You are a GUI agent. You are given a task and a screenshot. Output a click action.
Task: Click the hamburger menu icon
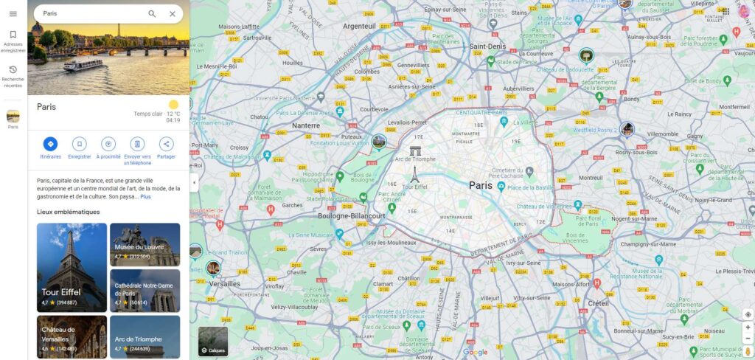tap(13, 14)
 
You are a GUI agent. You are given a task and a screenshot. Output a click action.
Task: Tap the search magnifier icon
tap(152, 14)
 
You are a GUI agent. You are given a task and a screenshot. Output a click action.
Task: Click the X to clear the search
tap(173, 14)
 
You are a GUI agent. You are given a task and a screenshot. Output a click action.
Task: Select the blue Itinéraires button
tap(50, 144)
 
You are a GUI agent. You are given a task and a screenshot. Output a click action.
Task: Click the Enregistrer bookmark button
tap(80, 144)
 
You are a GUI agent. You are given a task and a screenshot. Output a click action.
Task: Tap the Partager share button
tap(166, 144)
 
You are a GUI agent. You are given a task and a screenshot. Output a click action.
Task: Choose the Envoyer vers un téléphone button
tap(137, 144)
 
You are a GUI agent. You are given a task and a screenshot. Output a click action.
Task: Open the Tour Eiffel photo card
tap(72, 266)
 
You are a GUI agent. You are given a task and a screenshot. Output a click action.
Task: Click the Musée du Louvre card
tap(145, 244)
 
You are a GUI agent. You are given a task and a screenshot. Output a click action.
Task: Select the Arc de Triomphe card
tap(145, 337)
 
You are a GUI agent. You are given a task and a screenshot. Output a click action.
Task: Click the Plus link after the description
tap(146, 197)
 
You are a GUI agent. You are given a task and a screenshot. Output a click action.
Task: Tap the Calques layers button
tap(213, 341)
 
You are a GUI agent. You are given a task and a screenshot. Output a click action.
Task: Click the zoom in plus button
tap(748, 327)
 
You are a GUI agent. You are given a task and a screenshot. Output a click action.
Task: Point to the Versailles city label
tap(225, 283)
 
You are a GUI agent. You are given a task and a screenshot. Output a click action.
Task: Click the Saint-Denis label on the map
tap(487, 46)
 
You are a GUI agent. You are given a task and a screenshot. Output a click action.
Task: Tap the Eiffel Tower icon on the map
tap(414, 175)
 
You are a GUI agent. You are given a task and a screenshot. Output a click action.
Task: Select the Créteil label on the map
tap(598, 303)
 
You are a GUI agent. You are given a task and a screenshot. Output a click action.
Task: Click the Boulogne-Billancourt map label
tap(352, 216)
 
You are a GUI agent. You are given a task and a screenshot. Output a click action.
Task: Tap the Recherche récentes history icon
tap(13, 70)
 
